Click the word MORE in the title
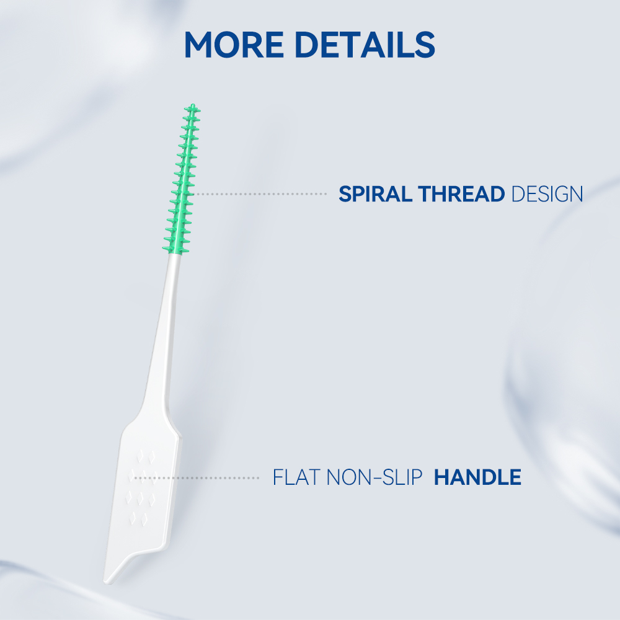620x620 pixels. [234, 44]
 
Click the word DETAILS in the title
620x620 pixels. [365, 44]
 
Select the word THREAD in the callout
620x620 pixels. [461, 193]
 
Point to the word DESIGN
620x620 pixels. [547, 193]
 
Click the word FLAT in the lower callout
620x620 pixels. [296, 477]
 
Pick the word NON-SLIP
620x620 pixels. [375, 477]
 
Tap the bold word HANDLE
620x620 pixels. [477, 477]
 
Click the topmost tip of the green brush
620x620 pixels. [193, 105]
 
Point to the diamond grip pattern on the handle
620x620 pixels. [141, 486]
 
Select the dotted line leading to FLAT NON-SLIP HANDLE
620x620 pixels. [197, 477]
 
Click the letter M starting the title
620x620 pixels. [200, 44]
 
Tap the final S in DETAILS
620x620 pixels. [425, 44]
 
